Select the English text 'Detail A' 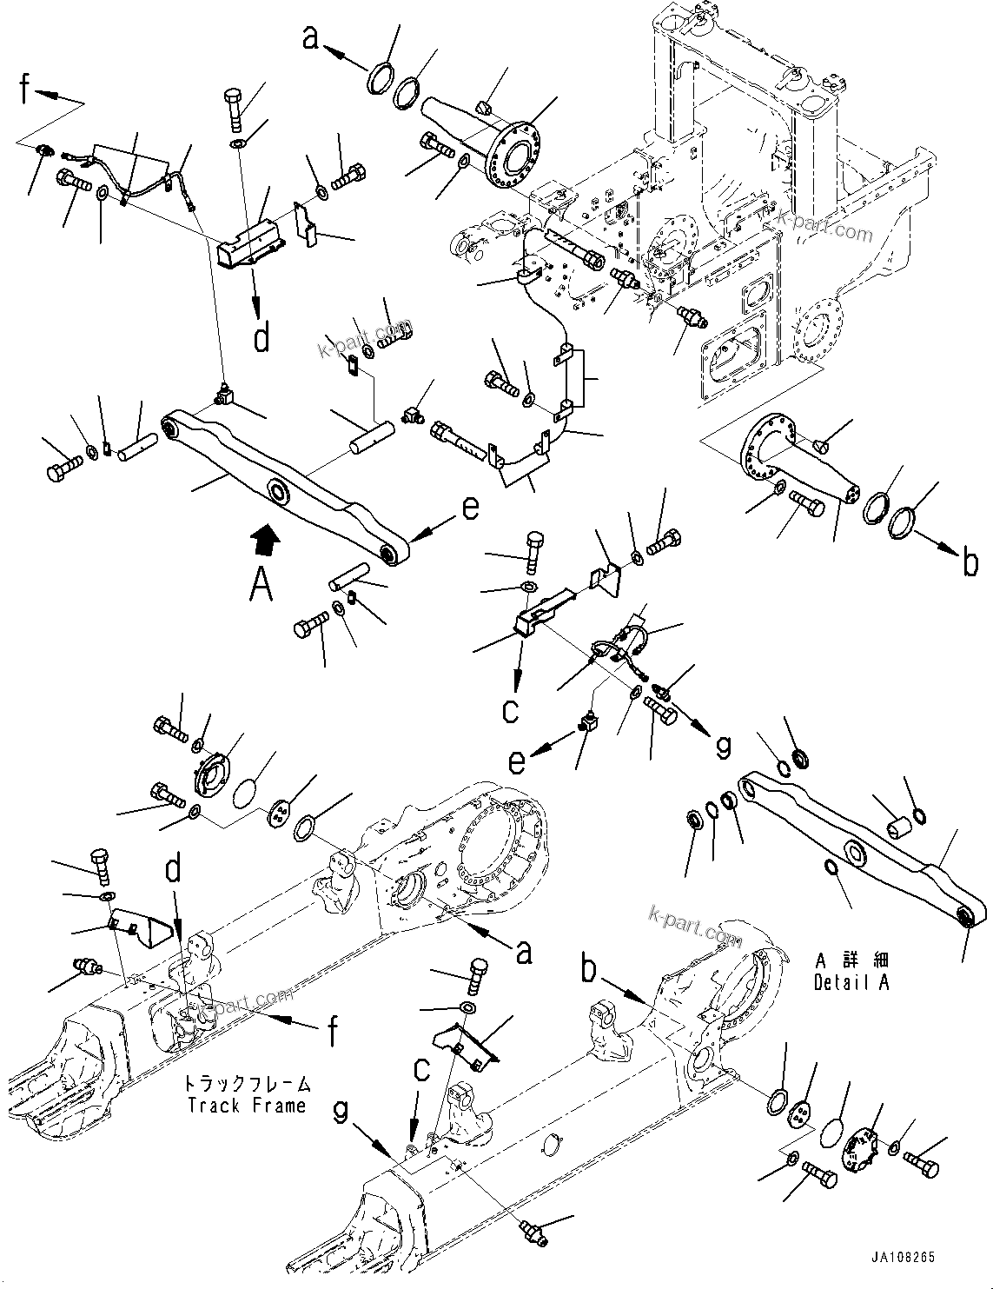[x=851, y=983]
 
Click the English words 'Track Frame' [x=246, y=1106]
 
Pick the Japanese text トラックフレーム [x=246, y=1085]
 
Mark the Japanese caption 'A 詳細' [x=851, y=961]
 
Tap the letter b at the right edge [x=970, y=565]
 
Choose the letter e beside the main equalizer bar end [x=469, y=508]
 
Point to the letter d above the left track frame [x=175, y=870]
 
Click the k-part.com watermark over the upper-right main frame [x=824, y=228]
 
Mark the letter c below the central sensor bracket [x=510, y=710]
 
